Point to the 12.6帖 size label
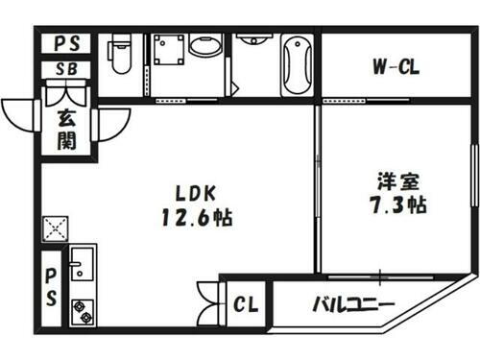(197, 217)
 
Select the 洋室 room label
(395, 179)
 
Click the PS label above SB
(67, 43)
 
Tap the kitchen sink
(81, 263)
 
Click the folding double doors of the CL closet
(207, 303)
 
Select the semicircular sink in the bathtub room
(254, 40)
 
